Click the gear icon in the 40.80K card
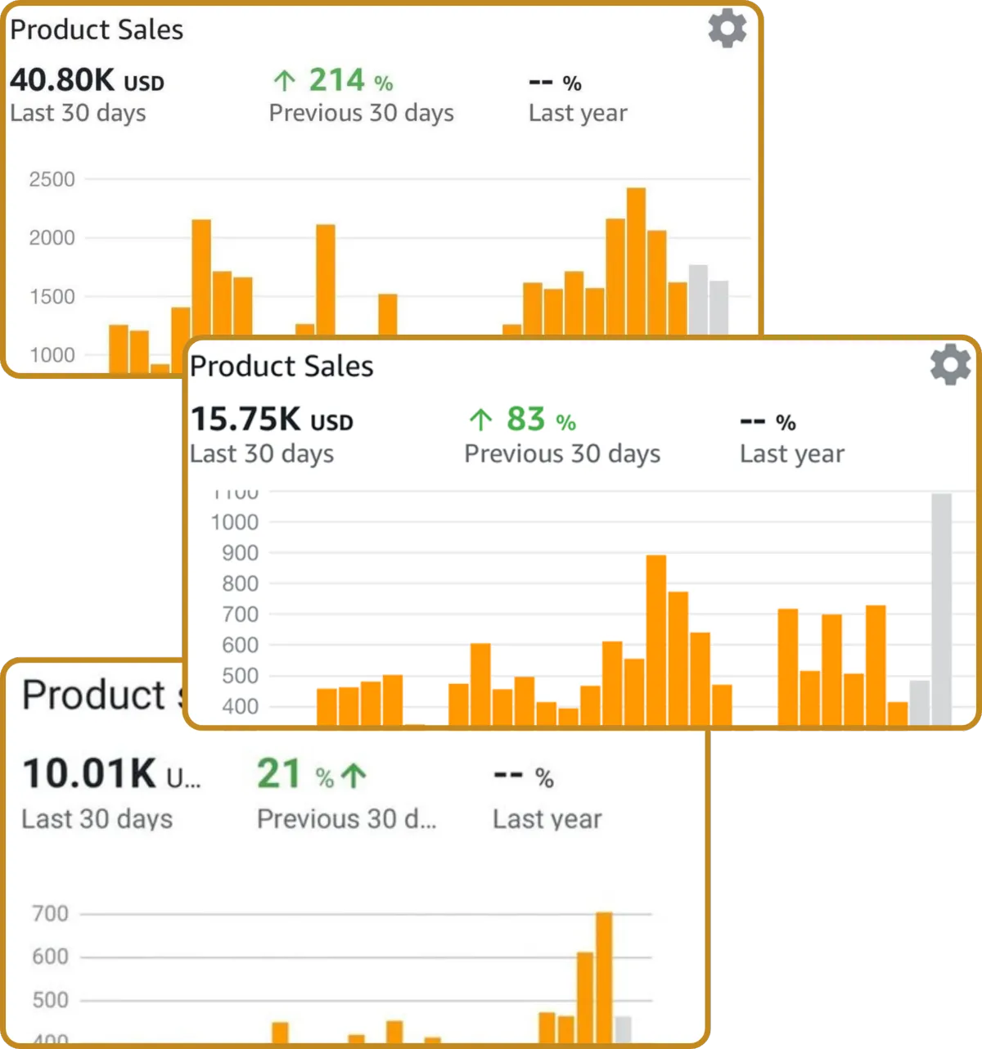[727, 29]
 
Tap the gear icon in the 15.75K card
[950, 365]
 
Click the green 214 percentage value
[336, 80]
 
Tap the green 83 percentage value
[525, 420]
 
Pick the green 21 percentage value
[279, 774]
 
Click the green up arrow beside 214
[284, 81]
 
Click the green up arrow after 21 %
[354, 775]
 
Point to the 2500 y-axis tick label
[52, 179]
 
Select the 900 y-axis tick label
[240, 553]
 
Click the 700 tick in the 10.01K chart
[50, 914]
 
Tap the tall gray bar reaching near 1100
[941, 610]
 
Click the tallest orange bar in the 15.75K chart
[656, 640]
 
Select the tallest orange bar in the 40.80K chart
[636, 262]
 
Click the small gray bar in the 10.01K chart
[623, 1029]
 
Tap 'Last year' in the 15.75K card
[791, 454]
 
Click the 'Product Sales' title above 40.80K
[97, 29]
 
